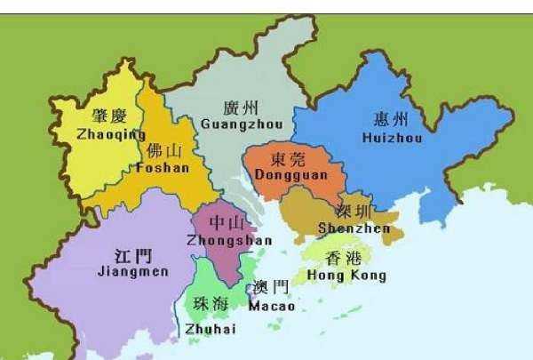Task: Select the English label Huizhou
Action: click(393, 138)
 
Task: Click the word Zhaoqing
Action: click(112, 135)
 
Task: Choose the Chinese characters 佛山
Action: click(166, 149)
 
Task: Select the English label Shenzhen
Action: click(354, 228)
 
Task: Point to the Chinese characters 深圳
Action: click(355, 212)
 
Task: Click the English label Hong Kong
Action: click(346, 276)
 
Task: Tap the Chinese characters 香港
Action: click(345, 259)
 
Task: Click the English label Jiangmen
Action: click(132, 271)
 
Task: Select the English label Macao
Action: click(271, 306)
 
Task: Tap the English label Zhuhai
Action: click(211, 330)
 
